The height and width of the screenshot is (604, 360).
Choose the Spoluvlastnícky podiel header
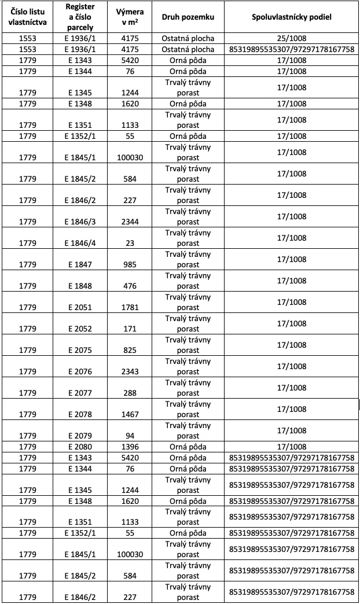coord(292,17)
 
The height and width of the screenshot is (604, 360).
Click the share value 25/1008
coord(292,39)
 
